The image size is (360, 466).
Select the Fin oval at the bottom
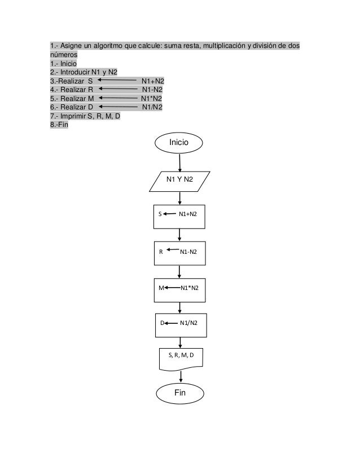179,392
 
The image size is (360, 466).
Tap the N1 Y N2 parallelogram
180,180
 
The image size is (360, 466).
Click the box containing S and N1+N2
180,214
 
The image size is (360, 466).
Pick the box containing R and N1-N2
180,252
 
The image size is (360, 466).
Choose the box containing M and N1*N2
180,288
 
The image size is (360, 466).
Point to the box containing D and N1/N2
180,323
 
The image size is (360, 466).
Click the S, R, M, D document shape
180,357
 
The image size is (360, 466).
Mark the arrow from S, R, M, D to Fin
181,375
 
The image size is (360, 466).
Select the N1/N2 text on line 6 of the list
152,105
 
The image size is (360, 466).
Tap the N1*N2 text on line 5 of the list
152,97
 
